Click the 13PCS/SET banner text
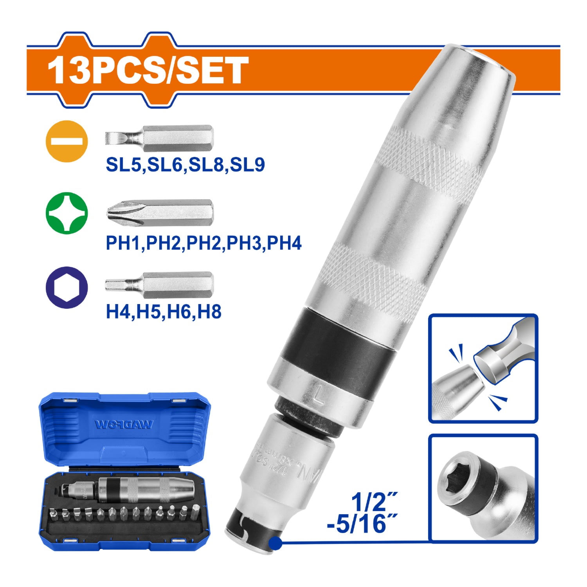pyautogui.click(x=148, y=70)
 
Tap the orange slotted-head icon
pyautogui.click(x=67, y=141)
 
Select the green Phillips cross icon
pyautogui.click(x=67, y=213)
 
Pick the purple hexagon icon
pyautogui.click(x=67, y=288)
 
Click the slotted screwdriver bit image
pyautogui.click(x=159, y=139)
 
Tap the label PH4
pyautogui.click(x=284, y=243)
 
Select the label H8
pyautogui.click(x=210, y=312)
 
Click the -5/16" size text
pyautogui.click(x=362, y=524)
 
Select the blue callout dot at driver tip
pyautogui.click(x=276, y=542)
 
